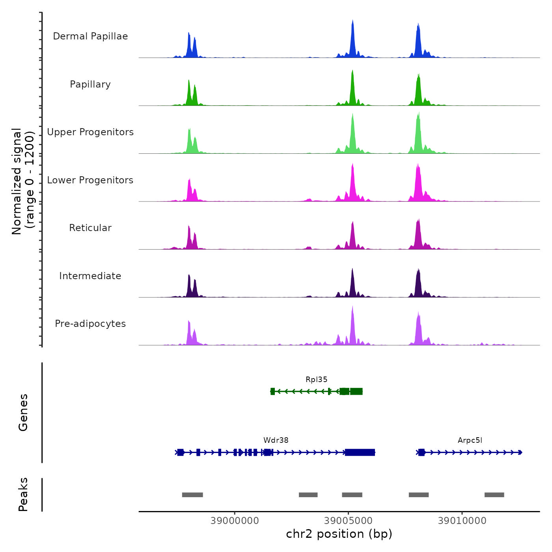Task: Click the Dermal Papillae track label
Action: [90, 36]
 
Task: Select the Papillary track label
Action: [90, 84]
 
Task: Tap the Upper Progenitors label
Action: [90, 132]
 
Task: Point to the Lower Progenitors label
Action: [90, 180]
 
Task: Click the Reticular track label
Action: [90, 228]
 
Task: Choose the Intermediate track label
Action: [90, 276]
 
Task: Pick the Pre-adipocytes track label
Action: [90, 324]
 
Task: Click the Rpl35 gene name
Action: [316, 380]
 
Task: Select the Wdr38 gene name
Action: [276, 440]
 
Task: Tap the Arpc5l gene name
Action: [470, 440]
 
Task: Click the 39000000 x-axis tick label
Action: [235, 521]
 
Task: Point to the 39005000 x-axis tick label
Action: [348, 521]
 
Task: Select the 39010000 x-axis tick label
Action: [462, 521]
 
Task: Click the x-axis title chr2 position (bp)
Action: [339, 534]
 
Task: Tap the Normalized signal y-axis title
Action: [23, 181]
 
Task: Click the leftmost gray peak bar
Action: [192, 495]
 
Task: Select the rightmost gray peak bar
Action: [494, 495]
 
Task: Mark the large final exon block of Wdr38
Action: [360, 452]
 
